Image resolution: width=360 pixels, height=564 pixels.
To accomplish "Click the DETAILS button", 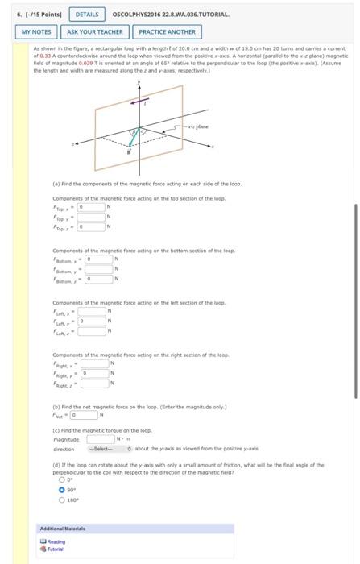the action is [86, 15].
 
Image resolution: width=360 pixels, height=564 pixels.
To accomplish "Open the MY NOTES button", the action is [35, 32].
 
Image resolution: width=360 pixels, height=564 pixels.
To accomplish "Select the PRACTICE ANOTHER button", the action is [167, 32].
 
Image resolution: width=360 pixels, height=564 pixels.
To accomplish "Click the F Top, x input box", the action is [91, 205].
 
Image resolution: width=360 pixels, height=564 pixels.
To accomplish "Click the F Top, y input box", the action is [91, 215].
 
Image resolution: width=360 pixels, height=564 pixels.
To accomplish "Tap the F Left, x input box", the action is [91, 311].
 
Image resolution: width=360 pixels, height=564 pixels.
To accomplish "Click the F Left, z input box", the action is [91, 330].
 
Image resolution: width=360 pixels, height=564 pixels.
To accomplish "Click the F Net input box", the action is [83, 415].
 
